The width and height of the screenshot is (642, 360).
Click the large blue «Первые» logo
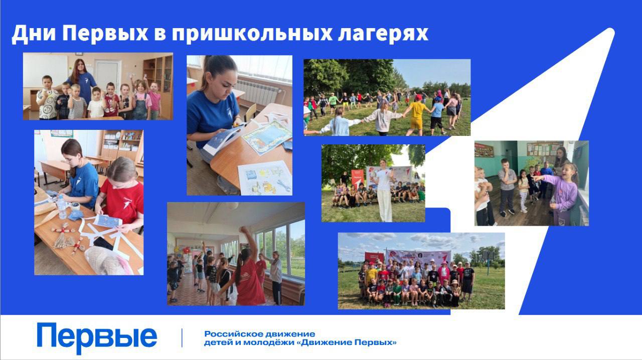[97, 338]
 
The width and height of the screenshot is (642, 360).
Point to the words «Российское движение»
[259, 334]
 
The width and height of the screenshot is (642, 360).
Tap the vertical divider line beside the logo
[182, 338]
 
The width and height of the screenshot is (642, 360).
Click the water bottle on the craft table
[61, 207]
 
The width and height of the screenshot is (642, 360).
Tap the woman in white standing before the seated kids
[384, 191]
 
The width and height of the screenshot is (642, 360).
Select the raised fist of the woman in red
[243, 230]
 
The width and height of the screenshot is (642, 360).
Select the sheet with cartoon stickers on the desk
[265, 178]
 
